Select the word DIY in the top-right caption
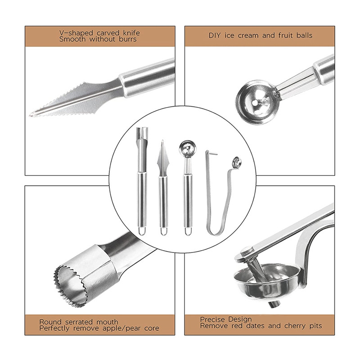(x=215, y=36)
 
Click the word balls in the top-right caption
(x=304, y=36)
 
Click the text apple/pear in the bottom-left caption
(x=121, y=328)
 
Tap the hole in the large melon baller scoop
(x=255, y=103)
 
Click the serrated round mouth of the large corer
(x=69, y=286)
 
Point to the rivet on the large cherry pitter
(x=246, y=250)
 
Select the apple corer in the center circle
(x=142, y=181)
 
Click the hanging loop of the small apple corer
(x=142, y=231)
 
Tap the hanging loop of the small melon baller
(x=188, y=231)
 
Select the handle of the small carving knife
(x=163, y=202)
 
